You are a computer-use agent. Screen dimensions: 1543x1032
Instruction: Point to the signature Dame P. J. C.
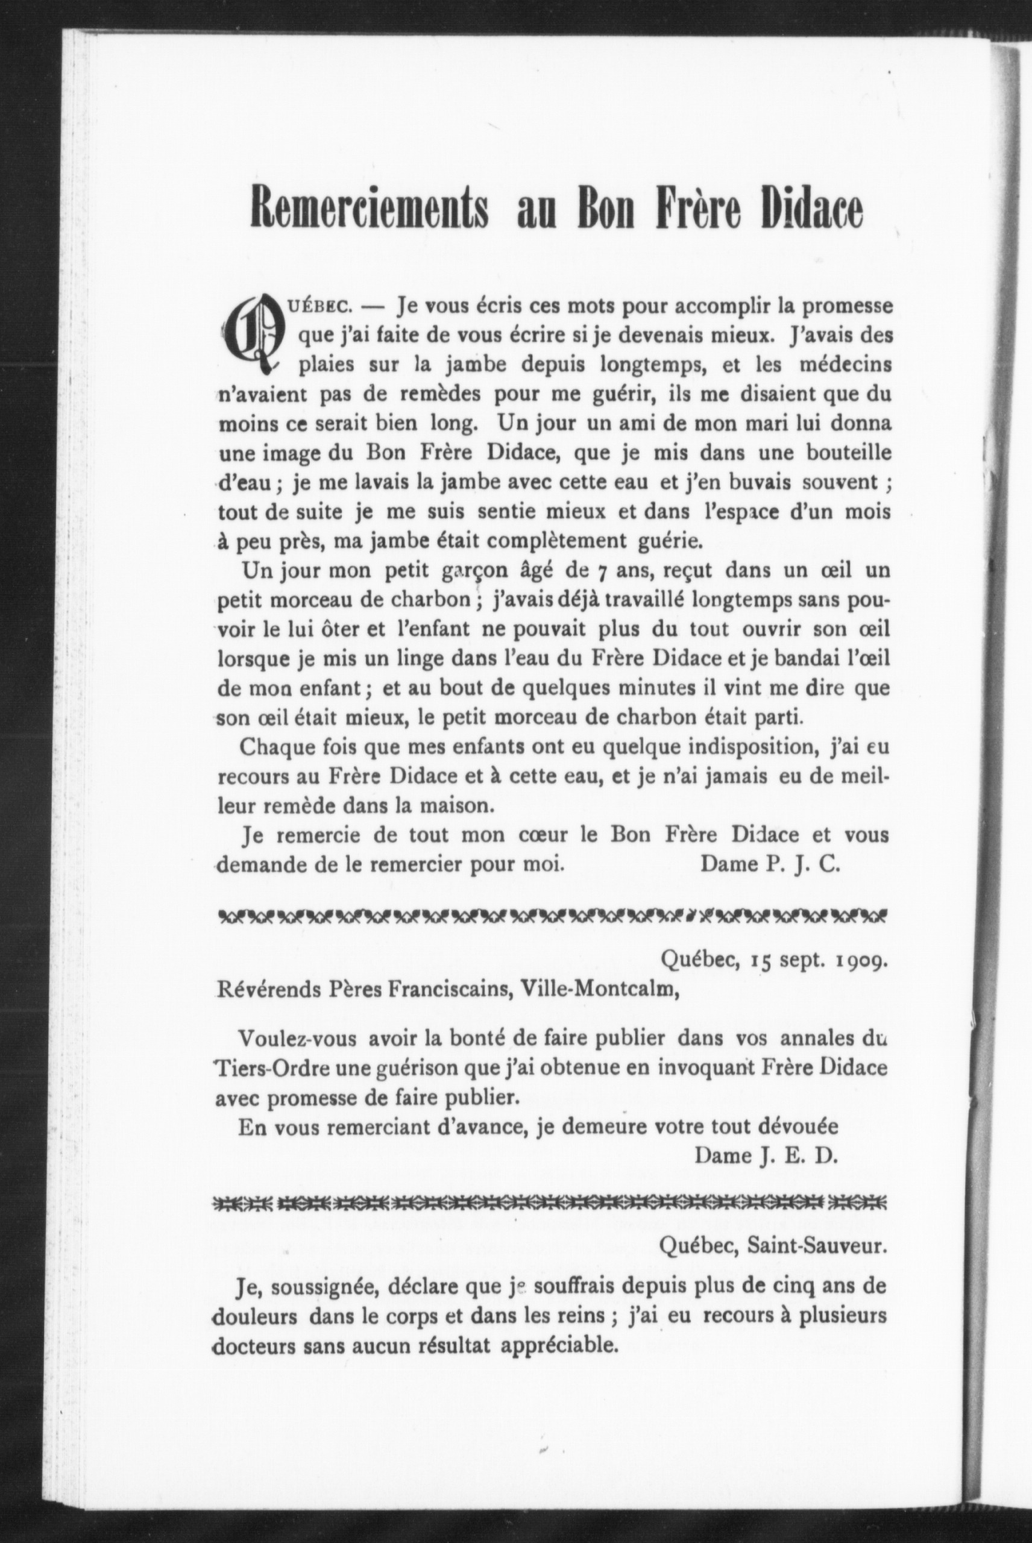click(770, 863)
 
